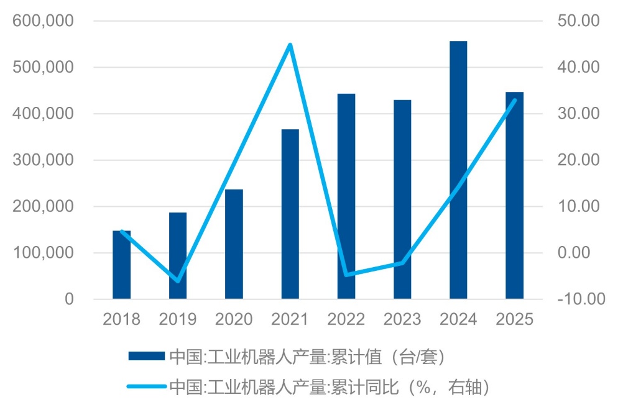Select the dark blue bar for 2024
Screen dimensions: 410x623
click(x=458, y=170)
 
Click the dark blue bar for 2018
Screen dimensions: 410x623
click(x=122, y=265)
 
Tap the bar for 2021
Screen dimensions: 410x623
click(x=290, y=214)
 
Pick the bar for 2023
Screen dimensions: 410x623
click(x=402, y=199)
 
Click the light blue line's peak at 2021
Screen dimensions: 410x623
click(x=290, y=45)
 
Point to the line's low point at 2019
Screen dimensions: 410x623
click(x=178, y=281)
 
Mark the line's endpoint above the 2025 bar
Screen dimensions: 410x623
click(x=514, y=100)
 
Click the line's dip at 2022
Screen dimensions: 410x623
click(x=346, y=275)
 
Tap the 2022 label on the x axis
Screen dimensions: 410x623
click(x=346, y=319)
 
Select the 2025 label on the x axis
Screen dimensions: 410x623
click(x=515, y=319)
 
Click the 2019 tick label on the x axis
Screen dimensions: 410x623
click(x=178, y=319)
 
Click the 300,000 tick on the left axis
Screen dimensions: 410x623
click(x=43, y=160)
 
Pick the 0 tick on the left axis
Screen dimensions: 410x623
click(x=68, y=299)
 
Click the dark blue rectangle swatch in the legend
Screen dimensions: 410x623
click(x=147, y=356)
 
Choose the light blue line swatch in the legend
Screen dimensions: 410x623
click(x=147, y=386)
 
